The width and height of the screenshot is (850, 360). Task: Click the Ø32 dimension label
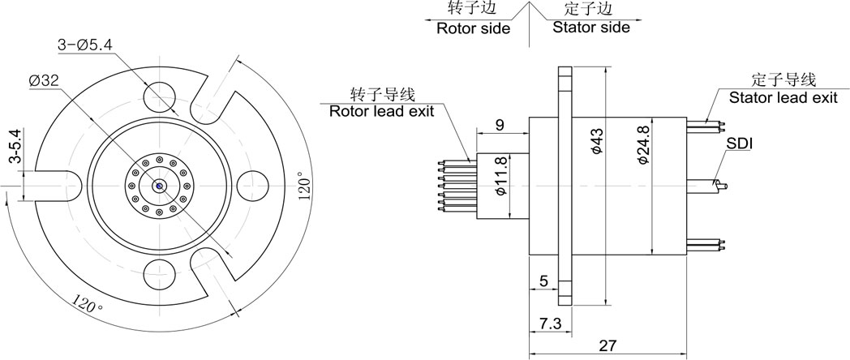coord(43,81)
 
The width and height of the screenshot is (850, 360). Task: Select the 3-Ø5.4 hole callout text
coord(85,45)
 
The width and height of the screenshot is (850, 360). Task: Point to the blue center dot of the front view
coord(160,186)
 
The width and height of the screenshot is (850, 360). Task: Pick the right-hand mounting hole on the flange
coord(253,186)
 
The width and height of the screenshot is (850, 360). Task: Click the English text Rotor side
coord(473,28)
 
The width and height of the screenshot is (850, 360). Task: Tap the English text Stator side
coord(591,27)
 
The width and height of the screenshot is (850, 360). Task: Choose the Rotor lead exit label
coord(382,112)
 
